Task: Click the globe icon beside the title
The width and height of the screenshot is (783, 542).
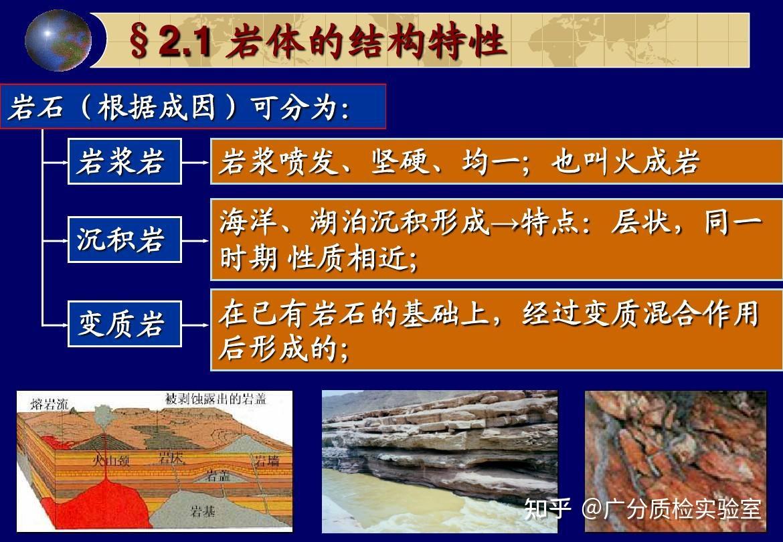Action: [58, 40]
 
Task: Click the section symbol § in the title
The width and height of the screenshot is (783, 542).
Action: [139, 41]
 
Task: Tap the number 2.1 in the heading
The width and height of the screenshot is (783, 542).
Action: [185, 41]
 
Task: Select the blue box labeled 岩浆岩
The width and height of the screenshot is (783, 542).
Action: [124, 161]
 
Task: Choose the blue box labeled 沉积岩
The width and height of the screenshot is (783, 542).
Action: [124, 240]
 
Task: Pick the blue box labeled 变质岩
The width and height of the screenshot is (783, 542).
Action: [124, 324]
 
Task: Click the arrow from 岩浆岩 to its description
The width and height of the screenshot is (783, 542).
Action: [195, 162]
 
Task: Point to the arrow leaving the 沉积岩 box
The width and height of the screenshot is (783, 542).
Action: [195, 240]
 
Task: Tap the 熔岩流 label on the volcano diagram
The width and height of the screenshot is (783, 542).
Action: [49, 403]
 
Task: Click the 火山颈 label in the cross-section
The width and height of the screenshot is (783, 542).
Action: [110, 460]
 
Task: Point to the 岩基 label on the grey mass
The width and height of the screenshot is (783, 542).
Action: [203, 511]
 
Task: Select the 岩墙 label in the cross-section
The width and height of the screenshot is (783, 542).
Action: [266, 460]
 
